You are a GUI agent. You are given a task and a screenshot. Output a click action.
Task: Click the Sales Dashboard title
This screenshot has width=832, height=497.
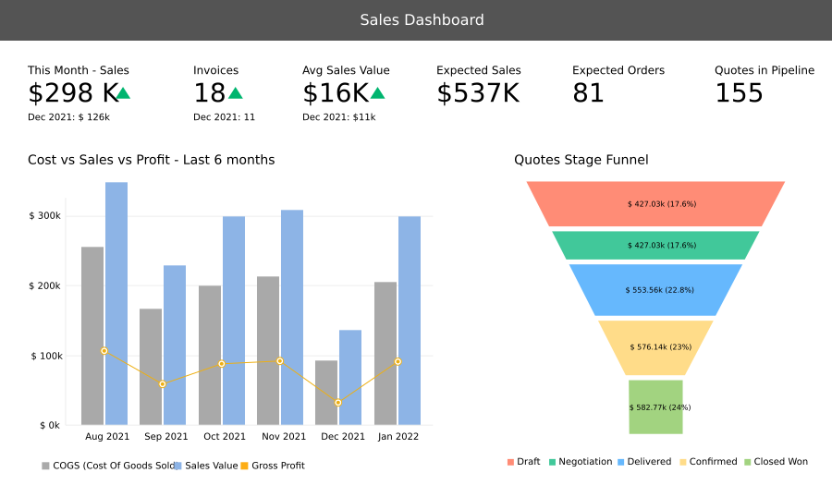click(x=422, y=20)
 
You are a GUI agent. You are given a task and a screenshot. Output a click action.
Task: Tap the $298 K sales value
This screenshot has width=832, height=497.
click(x=74, y=93)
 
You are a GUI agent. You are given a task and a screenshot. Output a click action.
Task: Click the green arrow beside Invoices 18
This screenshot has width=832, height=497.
click(x=236, y=93)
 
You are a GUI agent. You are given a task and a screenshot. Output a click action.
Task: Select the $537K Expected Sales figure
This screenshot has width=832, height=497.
click(x=478, y=93)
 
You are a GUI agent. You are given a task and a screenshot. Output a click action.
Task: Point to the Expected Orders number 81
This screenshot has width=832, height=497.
click(x=588, y=93)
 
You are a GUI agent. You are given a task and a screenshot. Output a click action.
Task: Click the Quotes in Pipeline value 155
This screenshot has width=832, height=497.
click(x=739, y=93)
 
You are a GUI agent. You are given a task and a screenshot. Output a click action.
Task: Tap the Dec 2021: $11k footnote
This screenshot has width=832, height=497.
click(x=338, y=117)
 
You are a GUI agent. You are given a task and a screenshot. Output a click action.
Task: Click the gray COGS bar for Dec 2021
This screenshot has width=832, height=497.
click(x=326, y=393)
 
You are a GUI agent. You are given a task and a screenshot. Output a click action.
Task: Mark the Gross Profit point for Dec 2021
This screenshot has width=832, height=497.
click(x=338, y=403)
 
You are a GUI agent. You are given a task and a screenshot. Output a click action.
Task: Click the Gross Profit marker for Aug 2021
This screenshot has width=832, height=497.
click(x=104, y=351)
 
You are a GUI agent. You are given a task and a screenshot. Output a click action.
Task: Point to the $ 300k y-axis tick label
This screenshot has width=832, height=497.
click(x=45, y=216)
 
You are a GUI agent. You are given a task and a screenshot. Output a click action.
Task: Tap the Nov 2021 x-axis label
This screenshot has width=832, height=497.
click(x=283, y=437)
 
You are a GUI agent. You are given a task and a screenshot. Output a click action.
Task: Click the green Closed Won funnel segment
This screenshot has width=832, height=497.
click(x=655, y=406)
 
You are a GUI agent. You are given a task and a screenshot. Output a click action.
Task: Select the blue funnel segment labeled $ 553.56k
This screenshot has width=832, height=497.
click(x=655, y=290)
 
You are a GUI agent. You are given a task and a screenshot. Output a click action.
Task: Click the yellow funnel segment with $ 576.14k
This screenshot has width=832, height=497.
click(x=655, y=347)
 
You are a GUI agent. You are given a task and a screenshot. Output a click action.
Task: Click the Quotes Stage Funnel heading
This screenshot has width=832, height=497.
click(x=581, y=160)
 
